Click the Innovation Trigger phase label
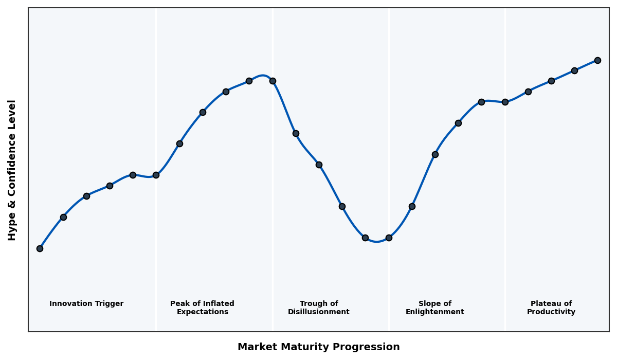(x=86, y=304)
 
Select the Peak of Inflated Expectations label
(x=202, y=308)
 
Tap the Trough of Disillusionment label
(x=319, y=308)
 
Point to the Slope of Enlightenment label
(x=435, y=308)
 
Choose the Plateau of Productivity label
(x=551, y=308)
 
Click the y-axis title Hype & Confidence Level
(x=12, y=170)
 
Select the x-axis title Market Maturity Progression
(x=319, y=347)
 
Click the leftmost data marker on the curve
(x=40, y=248)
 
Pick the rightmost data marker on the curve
(x=597, y=60)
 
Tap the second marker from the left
(x=63, y=217)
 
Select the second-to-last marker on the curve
(x=574, y=70)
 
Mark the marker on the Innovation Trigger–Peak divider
(x=156, y=175)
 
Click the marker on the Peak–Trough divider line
(x=273, y=81)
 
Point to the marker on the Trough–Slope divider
(x=389, y=238)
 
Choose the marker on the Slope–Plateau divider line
(x=505, y=102)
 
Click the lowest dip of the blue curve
(x=377, y=241)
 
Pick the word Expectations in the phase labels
(x=202, y=312)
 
